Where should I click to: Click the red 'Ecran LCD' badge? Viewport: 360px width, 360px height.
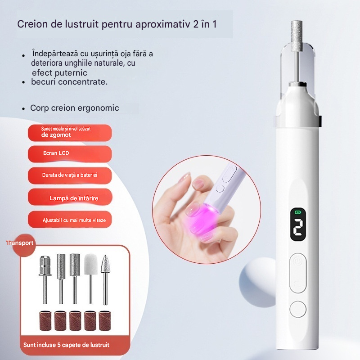pyautogui.click(x=70, y=153)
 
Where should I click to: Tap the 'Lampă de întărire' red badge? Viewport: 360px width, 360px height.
pyautogui.click(x=70, y=197)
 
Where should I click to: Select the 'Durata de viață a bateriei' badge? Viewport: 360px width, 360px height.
pyautogui.click(x=70, y=175)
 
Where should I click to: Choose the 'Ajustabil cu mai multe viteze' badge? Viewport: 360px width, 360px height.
pyautogui.click(x=70, y=220)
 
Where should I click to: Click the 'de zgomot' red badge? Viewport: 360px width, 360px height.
pyautogui.click(x=70, y=133)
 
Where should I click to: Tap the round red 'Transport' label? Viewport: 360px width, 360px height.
pyautogui.click(x=22, y=244)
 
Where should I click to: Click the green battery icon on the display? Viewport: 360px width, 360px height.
pyautogui.click(x=297, y=212)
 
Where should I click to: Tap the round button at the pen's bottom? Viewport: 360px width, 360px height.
pyautogui.click(x=298, y=309)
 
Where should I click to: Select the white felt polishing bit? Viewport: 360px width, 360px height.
pyautogui.click(x=91, y=279)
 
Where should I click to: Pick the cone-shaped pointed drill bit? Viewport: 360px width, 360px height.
pyautogui.click(x=105, y=279)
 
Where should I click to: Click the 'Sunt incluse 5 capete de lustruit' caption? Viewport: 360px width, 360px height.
pyautogui.click(x=66, y=345)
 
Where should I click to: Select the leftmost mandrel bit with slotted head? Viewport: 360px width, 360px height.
pyautogui.click(x=45, y=279)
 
